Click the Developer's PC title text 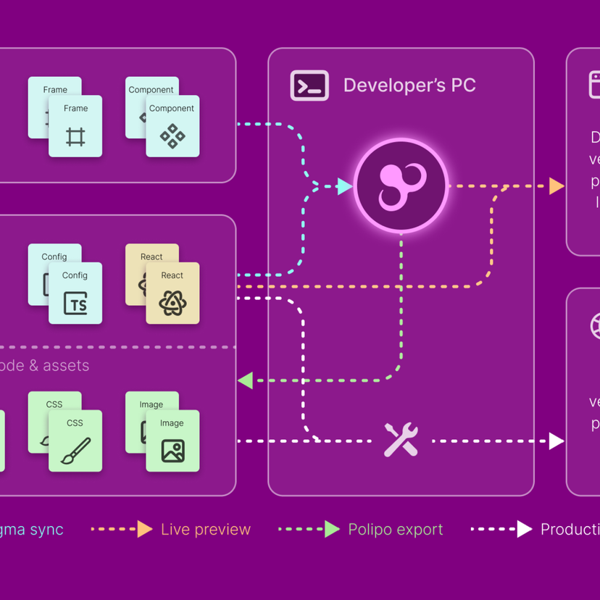[x=409, y=85]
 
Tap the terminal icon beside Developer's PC [x=309, y=85]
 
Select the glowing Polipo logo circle [x=401, y=186]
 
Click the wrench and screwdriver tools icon [x=401, y=440]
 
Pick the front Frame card [x=75, y=126]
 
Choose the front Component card [x=172, y=126]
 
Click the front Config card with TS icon [x=75, y=293]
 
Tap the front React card [x=172, y=293]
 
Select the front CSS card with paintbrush [x=75, y=441]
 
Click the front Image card [x=172, y=441]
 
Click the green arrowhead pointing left [x=246, y=380]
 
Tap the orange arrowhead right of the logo [x=557, y=186]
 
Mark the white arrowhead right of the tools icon [x=557, y=441]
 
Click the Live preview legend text [x=206, y=530]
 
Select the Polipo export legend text [x=396, y=530]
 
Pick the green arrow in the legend [x=332, y=530]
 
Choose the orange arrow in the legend [x=145, y=530]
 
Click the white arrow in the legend [x=524, y=530]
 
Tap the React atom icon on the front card [x=172, y=303]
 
